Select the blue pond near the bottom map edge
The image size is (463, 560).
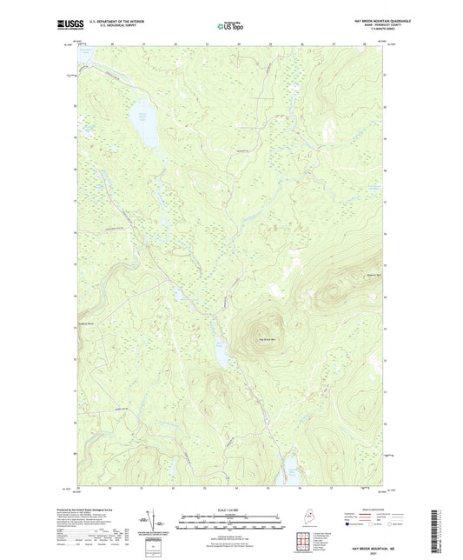tap(293, 470)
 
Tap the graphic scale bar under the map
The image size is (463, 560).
tap(230, 522)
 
